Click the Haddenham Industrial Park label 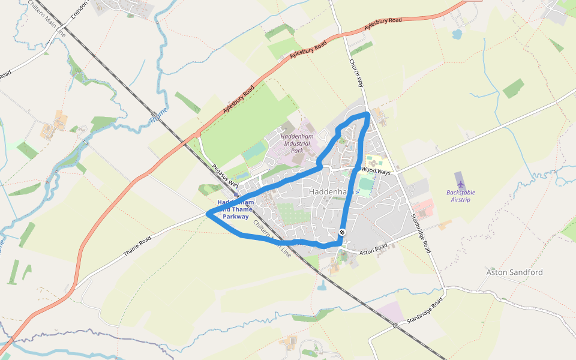tap(297, 143)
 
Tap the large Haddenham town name tap(329, 191)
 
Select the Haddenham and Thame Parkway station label tap(235, 209)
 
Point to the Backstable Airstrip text tap(461, 196)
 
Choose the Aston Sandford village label tap(514, 272)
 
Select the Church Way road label tap(356, 73)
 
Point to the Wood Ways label tap(376, 171)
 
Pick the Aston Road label tap(374, 249)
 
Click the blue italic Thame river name tap(158, 114)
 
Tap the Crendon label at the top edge tap(79, 8)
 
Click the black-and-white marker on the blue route tap(342, 232)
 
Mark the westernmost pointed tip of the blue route tap(207, 213)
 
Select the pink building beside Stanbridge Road tap(424, 208)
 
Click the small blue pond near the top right tap(457, 34)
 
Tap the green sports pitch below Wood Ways tap(366, 183)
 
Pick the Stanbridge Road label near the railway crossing tap(424, 310)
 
